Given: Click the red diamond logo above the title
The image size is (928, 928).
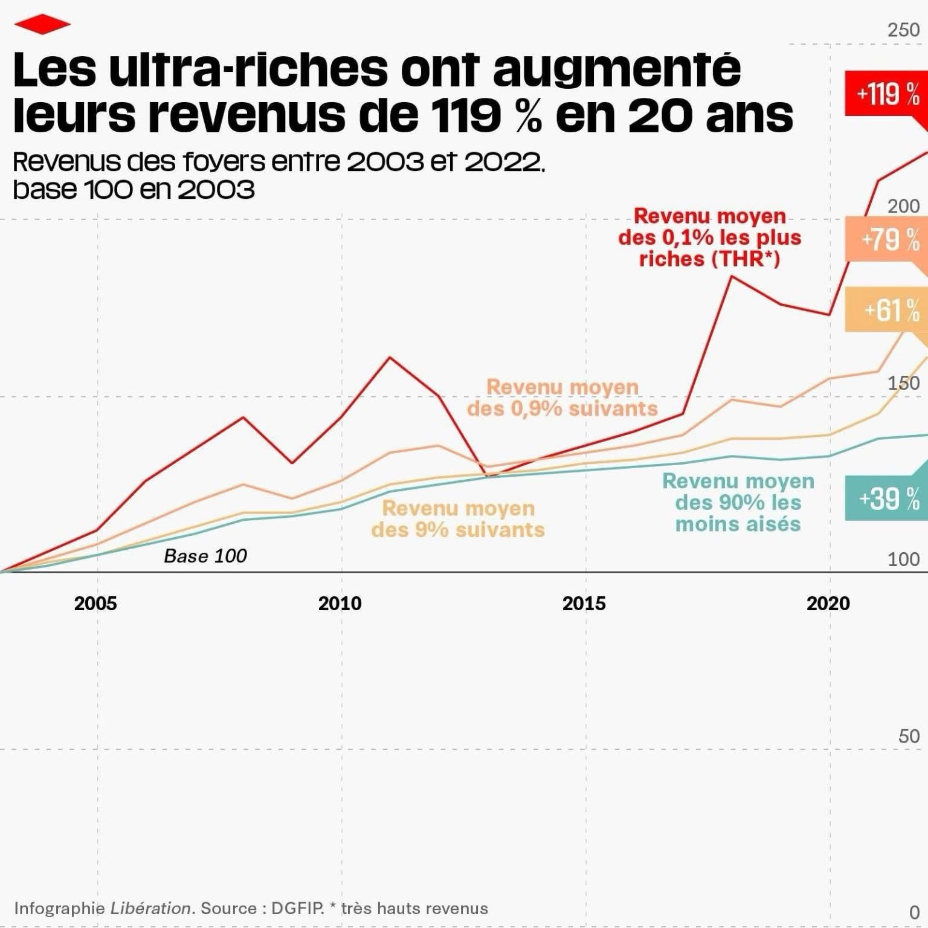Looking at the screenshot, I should click(x=42, y=25).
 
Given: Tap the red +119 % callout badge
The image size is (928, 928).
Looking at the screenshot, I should click(x=887, y=94).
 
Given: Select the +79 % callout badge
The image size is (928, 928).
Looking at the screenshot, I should click(x=887, y=239).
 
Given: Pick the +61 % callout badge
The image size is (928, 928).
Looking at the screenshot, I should click(x=887, y=310).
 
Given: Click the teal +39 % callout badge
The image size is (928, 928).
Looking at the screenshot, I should click(x=887, y=498).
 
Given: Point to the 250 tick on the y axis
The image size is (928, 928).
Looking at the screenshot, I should click(x=903, y=30).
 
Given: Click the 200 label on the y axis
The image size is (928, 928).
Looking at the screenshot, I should click(x=903, y=206).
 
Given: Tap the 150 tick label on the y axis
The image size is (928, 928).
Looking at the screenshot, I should click(x=903, y=383).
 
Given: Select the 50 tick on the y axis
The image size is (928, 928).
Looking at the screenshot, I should click(x=909, y=736).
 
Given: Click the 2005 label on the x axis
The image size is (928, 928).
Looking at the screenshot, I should click(x=95, y=603).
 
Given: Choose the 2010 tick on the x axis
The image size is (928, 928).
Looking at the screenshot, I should click(x=340, y=603).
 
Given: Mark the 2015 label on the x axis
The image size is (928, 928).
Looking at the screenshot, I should click(x=584, y=603).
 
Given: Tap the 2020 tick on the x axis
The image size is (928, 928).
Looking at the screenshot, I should click(x=828, y=603).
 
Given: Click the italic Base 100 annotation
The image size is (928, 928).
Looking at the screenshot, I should click(x=205, y=556).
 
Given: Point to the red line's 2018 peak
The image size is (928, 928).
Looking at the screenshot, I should click(x=732, y=276).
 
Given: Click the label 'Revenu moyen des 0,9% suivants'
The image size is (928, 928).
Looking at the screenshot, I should click(x=562, y=398).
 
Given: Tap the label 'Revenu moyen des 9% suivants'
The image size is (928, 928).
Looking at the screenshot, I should click(x=458, y=518).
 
